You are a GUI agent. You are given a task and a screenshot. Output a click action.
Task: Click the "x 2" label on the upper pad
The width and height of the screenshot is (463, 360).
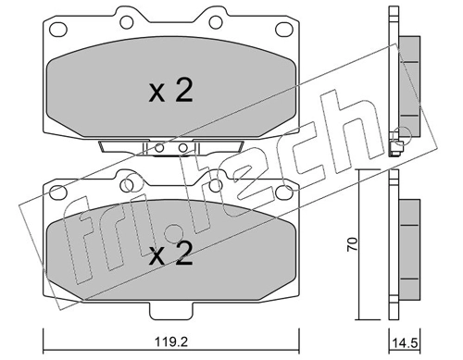coord(170,92)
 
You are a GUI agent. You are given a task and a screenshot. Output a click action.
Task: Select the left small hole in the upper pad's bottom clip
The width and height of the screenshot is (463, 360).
coord(160,148)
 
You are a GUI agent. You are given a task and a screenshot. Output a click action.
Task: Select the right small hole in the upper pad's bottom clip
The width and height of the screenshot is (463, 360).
coord(182,148)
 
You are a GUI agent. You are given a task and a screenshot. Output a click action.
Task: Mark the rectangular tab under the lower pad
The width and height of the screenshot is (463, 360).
coord(171,309)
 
